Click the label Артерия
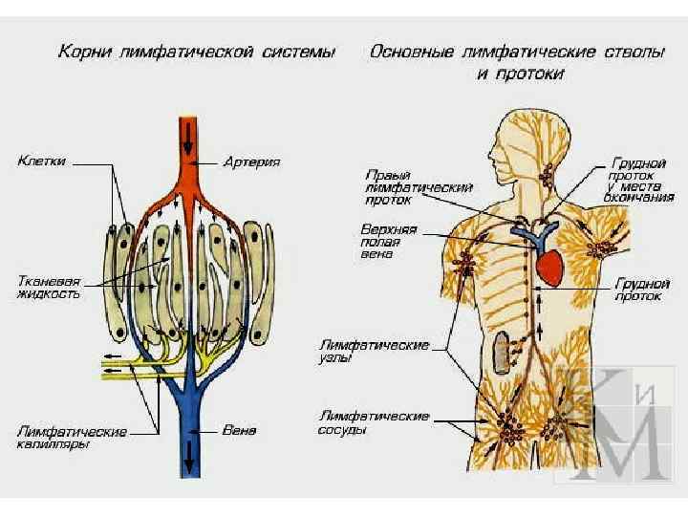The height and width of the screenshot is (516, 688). pyautogui.click(x=251, y=163)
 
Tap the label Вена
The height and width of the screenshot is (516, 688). pyautogui.click(x=239, y=430)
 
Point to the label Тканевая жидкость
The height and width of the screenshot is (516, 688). pyautogui.click(x=49, y=288)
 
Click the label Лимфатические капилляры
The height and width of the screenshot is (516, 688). pyautogui.click(x=72, y=439)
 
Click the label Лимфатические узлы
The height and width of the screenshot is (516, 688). pyautogui.click(x=374, y=351)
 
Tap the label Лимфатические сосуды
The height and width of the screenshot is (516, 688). pyautogui.click(x=374, y=423)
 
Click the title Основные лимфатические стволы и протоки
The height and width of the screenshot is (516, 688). pyautogui.click(x=517, y=62)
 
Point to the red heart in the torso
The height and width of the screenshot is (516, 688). pyautogui.click(x=551, y=267)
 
